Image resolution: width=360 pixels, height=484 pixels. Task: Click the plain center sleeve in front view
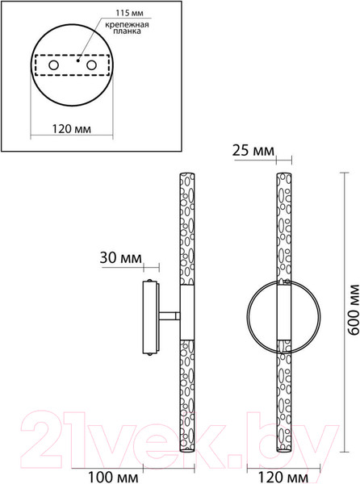284,317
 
